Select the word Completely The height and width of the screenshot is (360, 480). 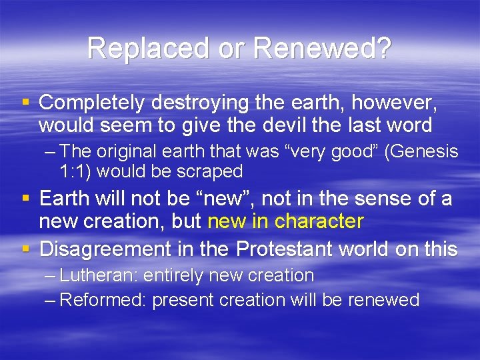92,103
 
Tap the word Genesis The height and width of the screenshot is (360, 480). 424,152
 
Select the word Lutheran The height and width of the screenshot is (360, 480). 99,275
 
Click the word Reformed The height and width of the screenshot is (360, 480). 103,300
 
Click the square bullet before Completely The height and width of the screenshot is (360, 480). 25,103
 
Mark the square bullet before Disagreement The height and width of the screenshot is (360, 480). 25,249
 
